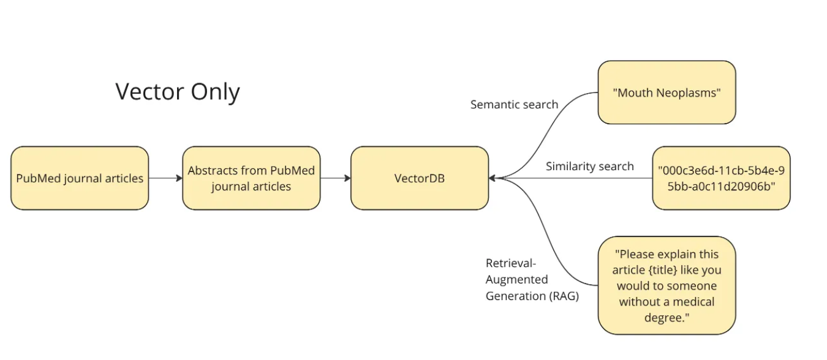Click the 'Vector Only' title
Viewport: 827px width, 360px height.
178,91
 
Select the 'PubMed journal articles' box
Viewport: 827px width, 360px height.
80,178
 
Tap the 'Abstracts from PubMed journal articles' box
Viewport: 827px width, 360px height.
251,178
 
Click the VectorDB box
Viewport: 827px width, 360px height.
420,178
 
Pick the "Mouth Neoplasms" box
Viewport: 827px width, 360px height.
667,92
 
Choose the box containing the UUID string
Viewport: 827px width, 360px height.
722,178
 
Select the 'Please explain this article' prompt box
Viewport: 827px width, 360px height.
667,285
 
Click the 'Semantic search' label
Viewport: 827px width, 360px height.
515,105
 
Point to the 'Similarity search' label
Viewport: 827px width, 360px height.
590,167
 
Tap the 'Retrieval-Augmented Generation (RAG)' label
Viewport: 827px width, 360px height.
532,280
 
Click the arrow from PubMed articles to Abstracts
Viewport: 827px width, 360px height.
165,178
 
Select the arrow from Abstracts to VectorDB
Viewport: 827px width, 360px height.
336,178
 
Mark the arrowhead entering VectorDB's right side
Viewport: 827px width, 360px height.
492,178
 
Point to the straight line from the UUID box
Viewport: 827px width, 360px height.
575,178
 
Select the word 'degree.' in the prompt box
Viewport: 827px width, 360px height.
667,318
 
